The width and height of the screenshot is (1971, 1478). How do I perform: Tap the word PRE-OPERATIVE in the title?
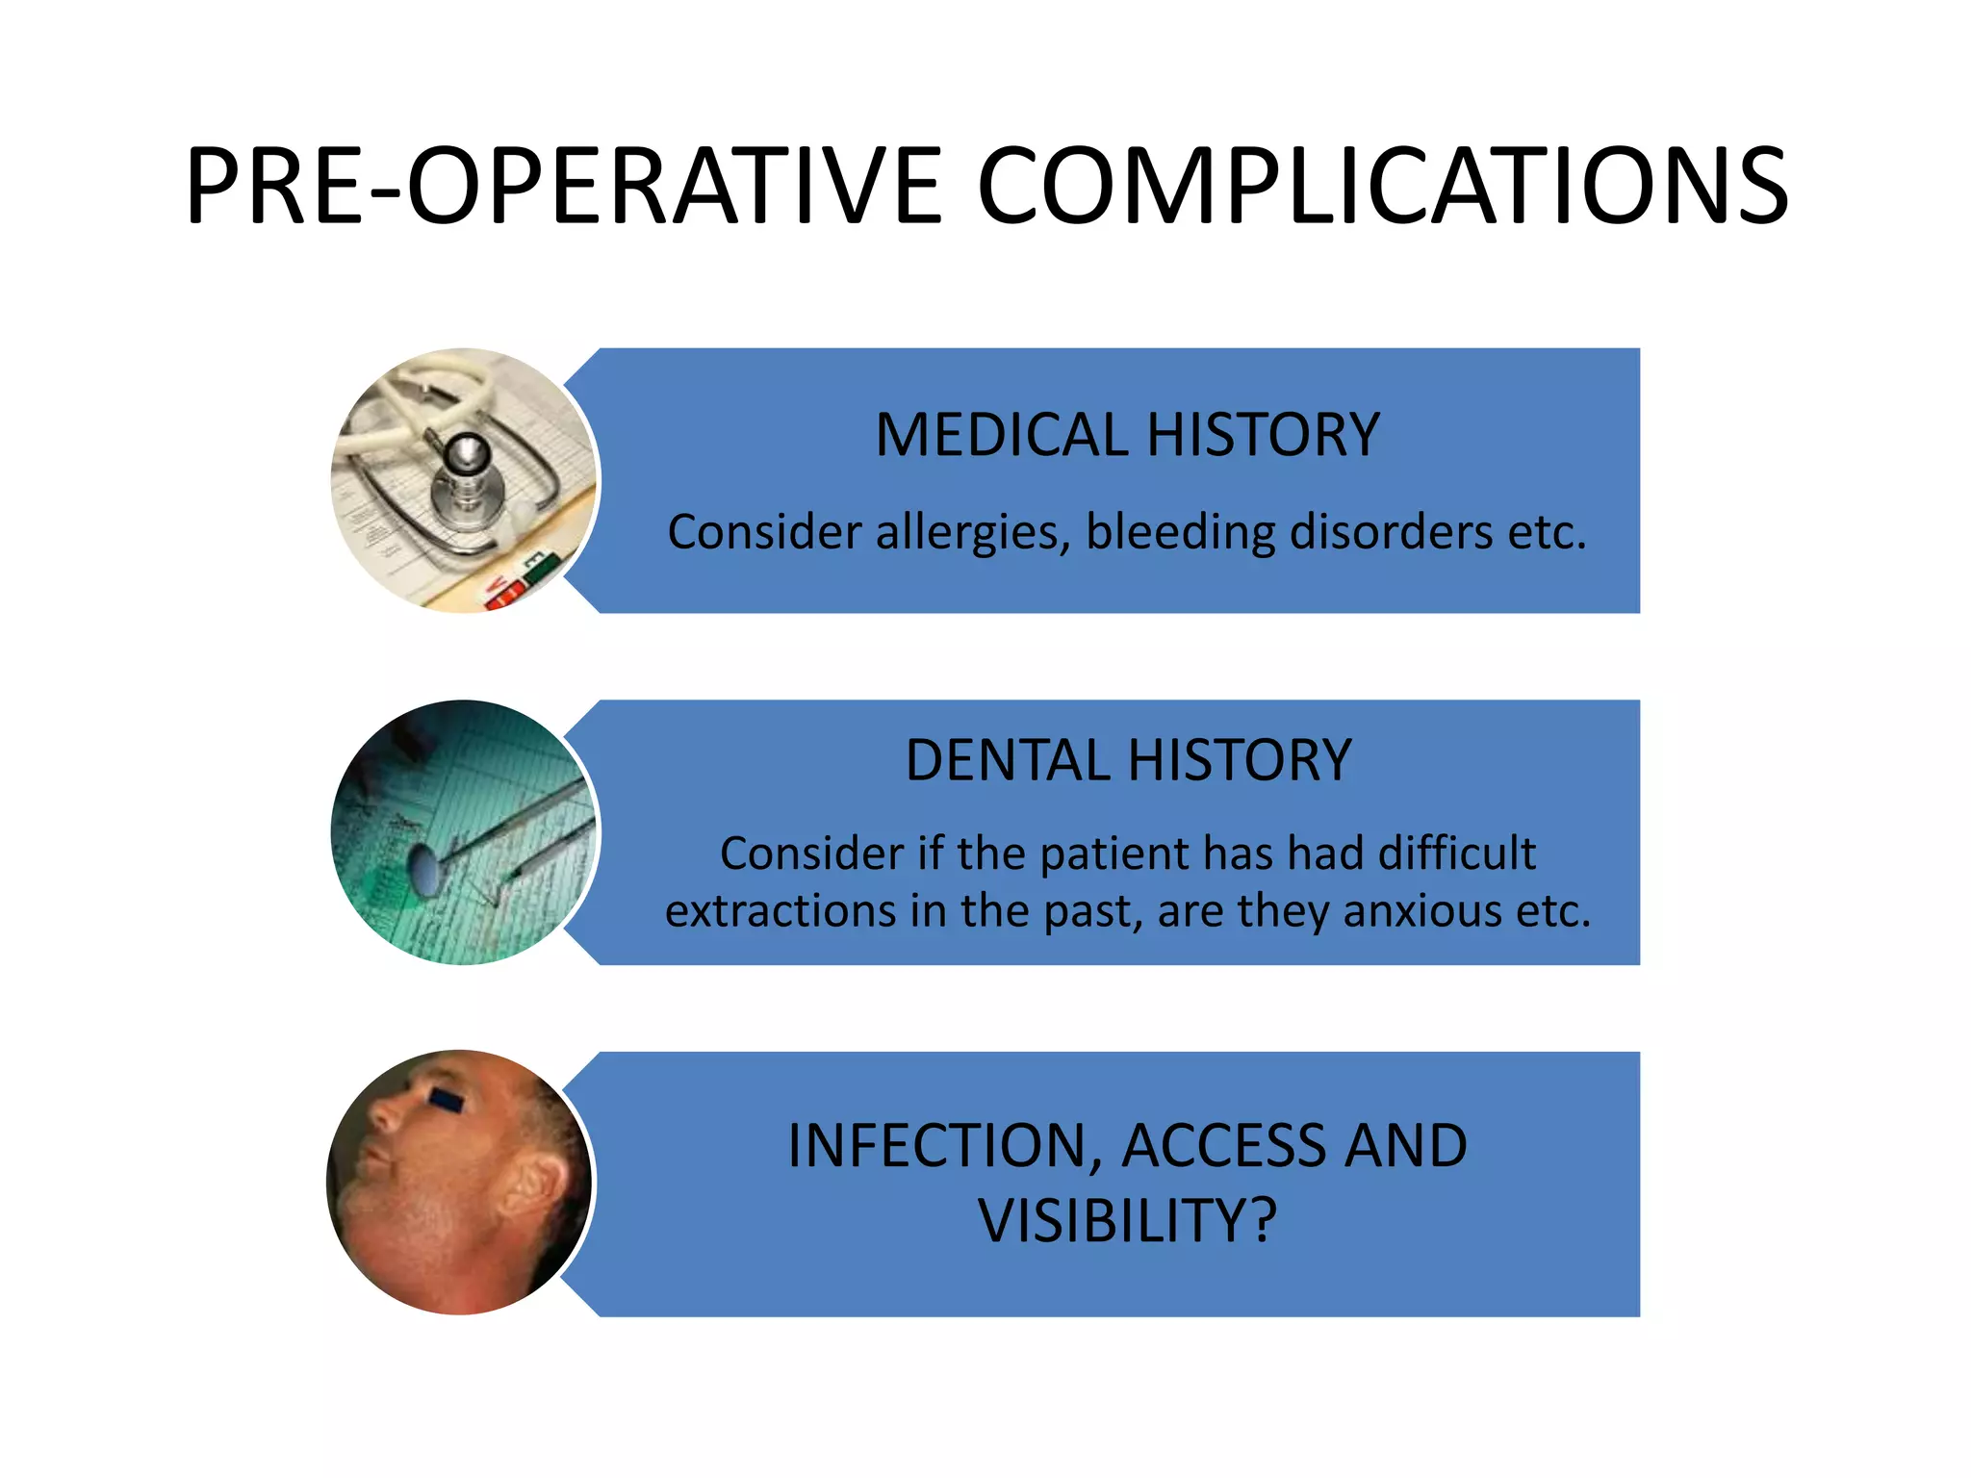coord(563,186)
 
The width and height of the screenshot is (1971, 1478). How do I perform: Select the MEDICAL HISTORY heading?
coord(1127,435)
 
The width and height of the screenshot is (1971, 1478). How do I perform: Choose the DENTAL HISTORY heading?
coord(1128,760)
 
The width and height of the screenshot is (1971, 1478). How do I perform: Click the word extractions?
coord(781,910)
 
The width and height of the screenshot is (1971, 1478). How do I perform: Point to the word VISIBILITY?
coord(1127,1221)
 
